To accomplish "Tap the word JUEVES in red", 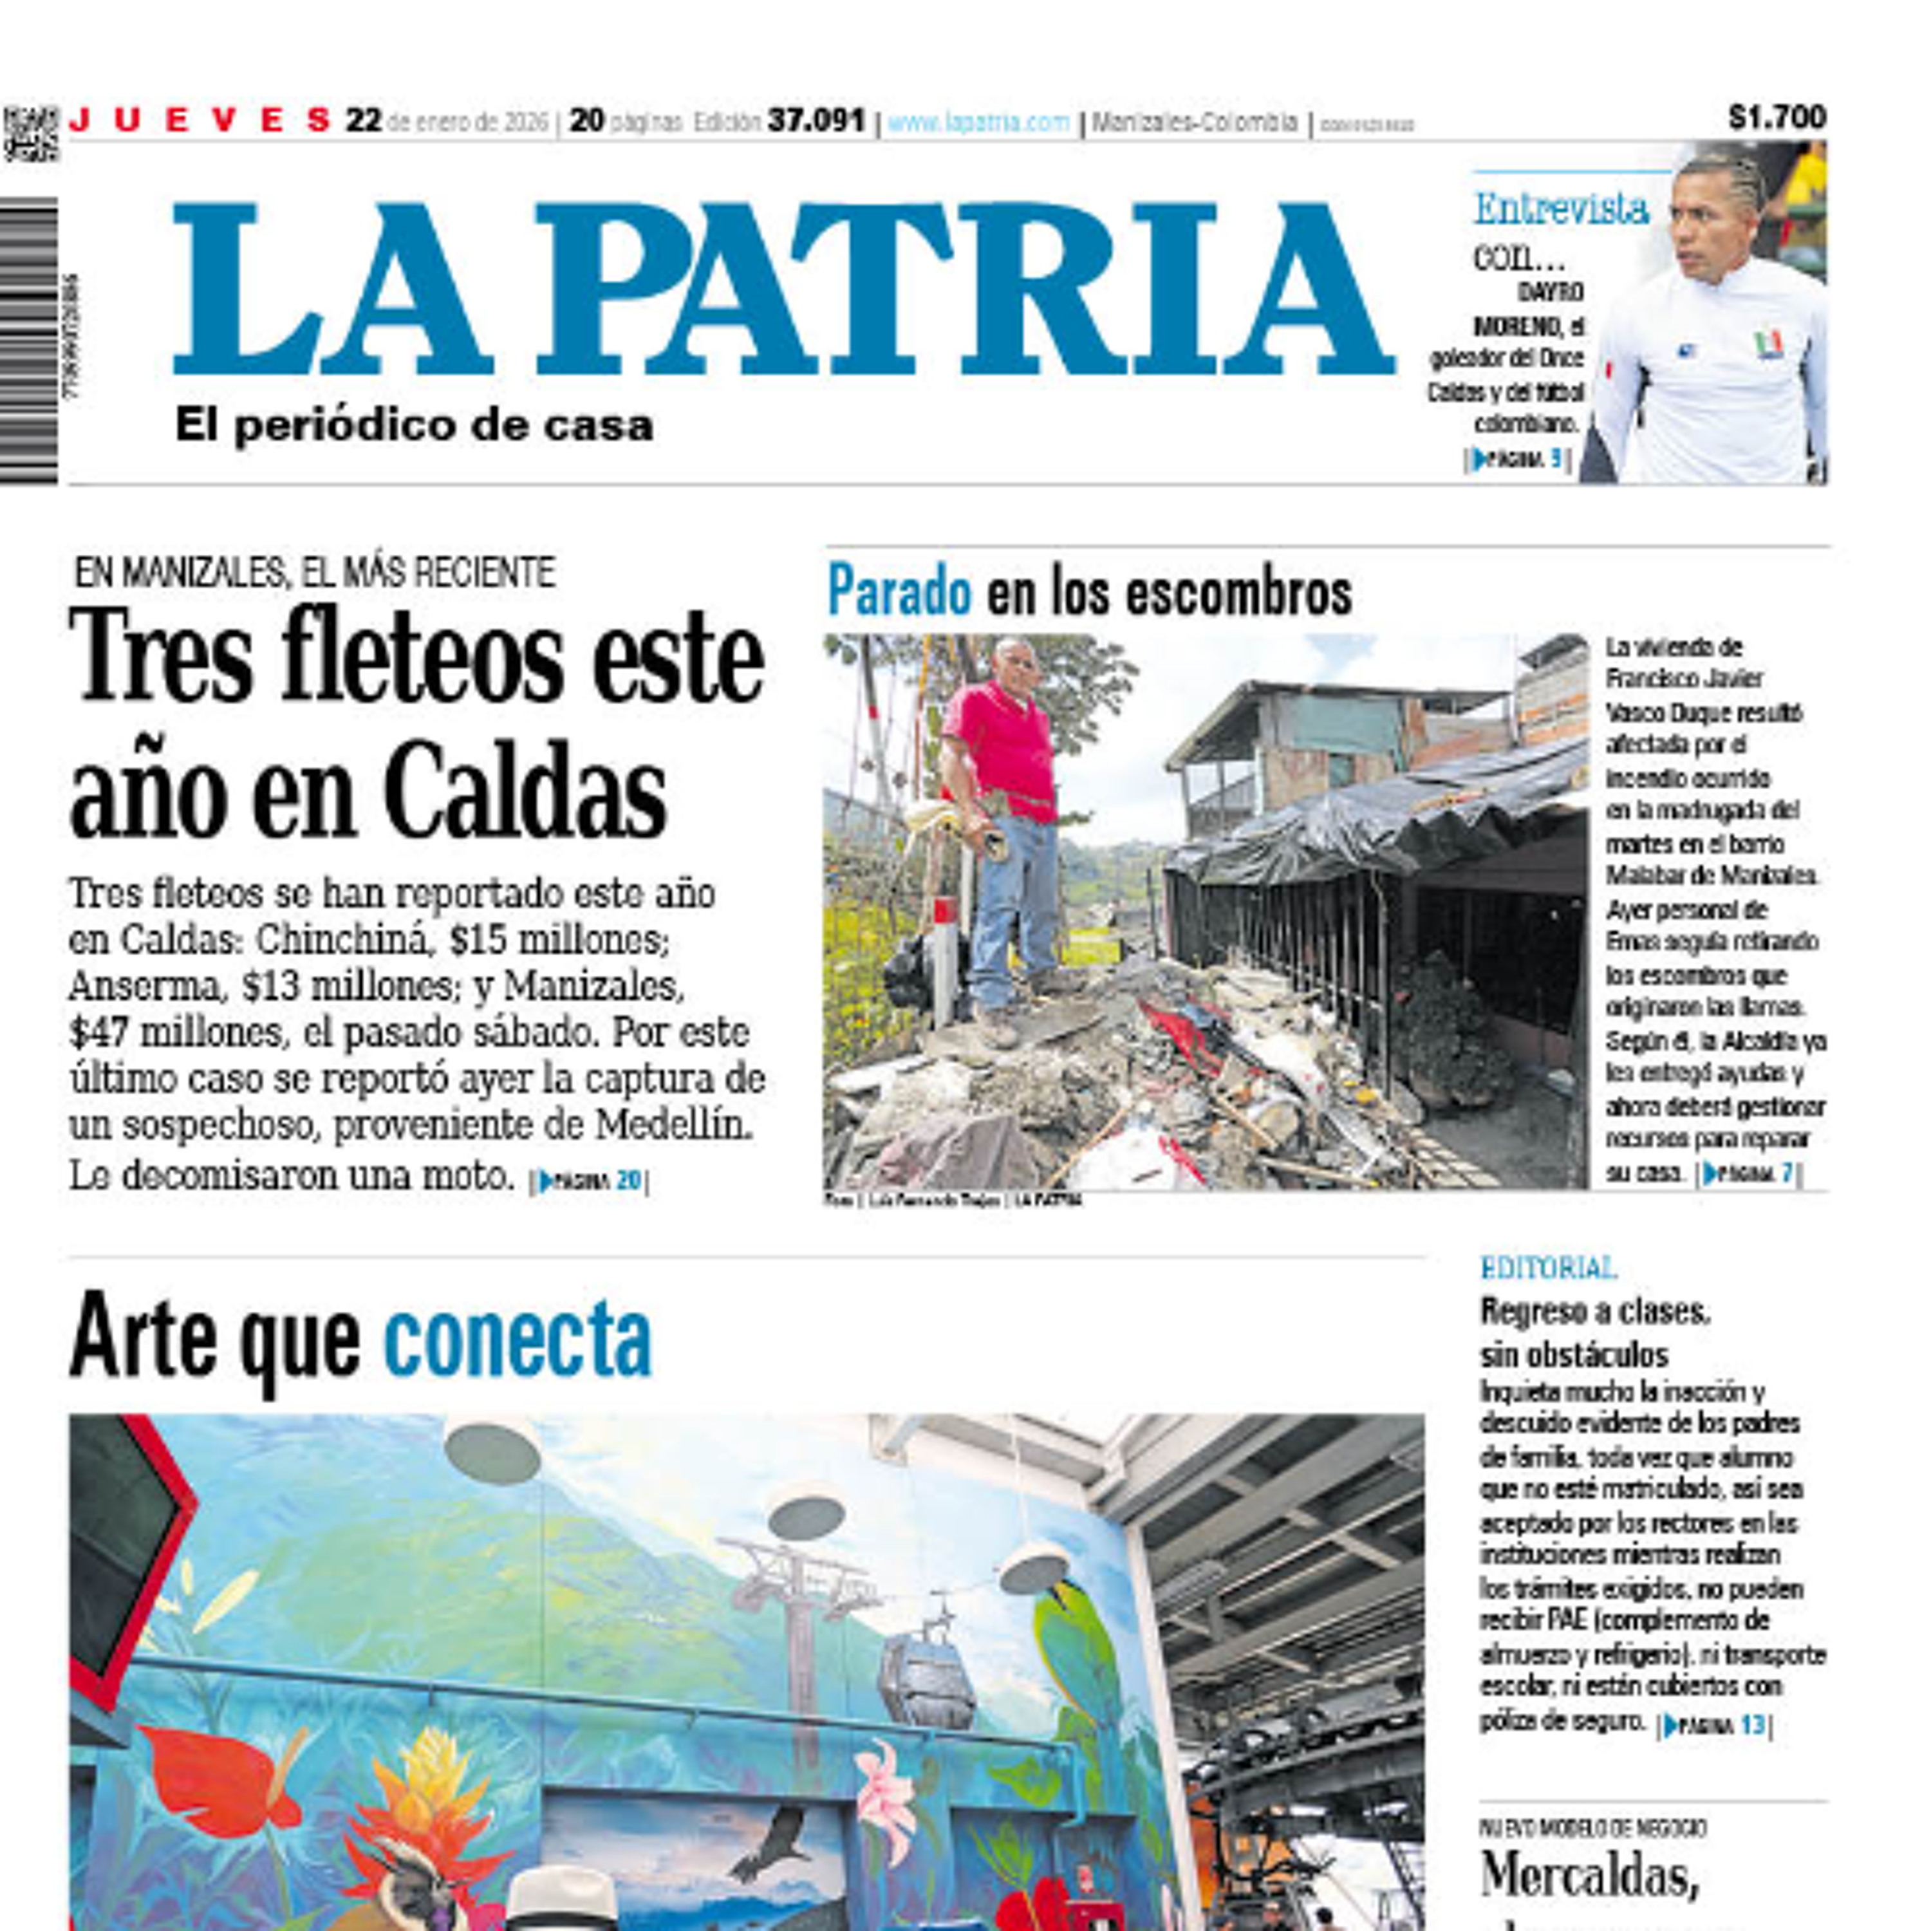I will (200, 121).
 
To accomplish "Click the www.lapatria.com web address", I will (978, 123).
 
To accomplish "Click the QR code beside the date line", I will (31, 133).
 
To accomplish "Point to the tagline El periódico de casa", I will (414, 425).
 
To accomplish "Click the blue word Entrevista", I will (1561, 209).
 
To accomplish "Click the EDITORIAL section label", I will (1548, 1267).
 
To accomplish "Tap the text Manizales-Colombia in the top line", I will (1195, 123).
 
